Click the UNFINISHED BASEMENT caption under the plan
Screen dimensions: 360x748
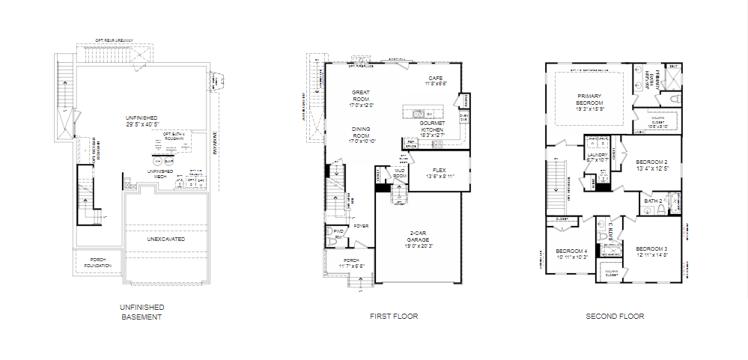point(142,312)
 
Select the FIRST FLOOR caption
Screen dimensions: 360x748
point(394,317)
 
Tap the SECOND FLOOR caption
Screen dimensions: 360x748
point(615,317)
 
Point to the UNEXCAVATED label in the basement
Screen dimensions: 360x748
point(165,239)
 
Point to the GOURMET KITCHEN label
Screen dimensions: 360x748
point(433,127)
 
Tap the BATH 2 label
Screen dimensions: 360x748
point(653,201)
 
